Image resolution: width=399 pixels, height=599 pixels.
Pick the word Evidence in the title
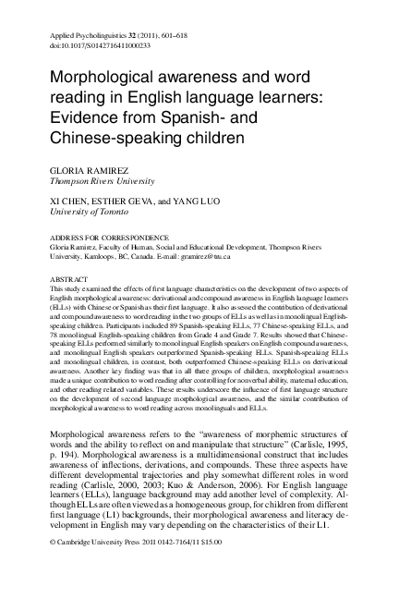[81, 122]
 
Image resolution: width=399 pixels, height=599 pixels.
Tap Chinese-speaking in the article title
[116, 141]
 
